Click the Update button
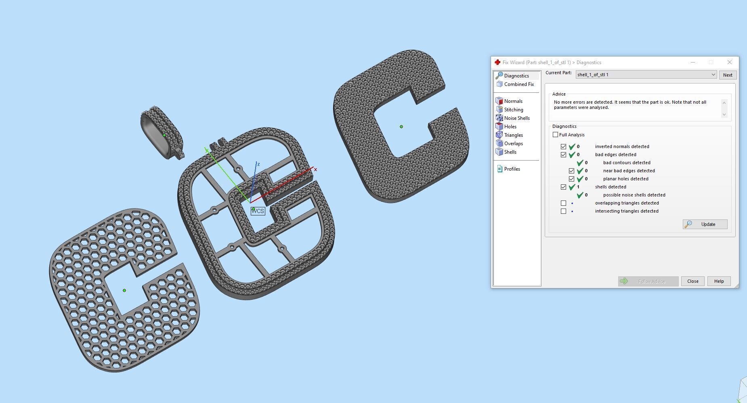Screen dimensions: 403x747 click(x=705, y=224)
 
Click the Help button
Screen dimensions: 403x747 click(x=719, y=281)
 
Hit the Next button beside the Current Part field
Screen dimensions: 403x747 click(x=728, y=75)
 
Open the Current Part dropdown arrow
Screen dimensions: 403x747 click(x=713, y=75)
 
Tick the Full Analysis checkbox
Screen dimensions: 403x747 click(x=556, y=135)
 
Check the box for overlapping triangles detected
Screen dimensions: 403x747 click(x=563, y=203)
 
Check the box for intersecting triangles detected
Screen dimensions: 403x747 click(x=563, y=211)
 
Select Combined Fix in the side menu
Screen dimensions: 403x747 click(x=518, y=84)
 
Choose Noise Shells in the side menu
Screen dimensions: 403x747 click(x=516, y=118)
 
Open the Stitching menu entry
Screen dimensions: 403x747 click(x=513, y=110)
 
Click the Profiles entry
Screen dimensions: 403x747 click(x=512, y=169)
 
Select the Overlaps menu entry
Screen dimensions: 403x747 click(x=513, y=144)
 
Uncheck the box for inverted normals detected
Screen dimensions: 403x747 click(x=563, y=146)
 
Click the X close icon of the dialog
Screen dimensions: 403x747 click(x=729, y=62)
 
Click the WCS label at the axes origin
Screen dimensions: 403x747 click(x=258, y=211)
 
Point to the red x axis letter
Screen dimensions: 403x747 click(x=315, y=169)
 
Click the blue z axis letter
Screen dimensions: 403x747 click(x=258, y=164)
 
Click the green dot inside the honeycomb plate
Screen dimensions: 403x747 click(x=124, y=290)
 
